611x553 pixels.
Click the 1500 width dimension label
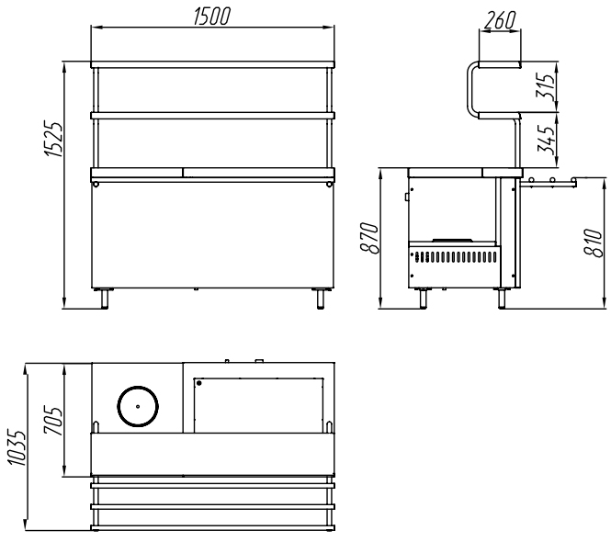[212, 16]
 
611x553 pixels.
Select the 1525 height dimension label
[53, 140]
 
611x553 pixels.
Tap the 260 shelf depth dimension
[500, 20]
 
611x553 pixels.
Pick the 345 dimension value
[546, 139]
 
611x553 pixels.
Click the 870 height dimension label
[369, 238]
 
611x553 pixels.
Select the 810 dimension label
[594, 243]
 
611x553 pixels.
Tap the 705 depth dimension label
[53, 421]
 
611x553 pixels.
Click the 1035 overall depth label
[17, 447]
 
